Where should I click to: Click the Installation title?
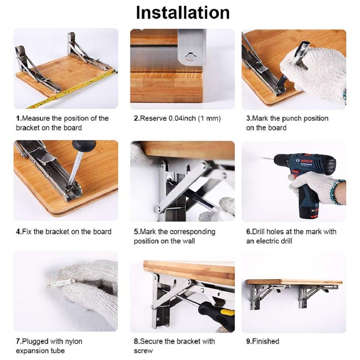[x=182, y=13]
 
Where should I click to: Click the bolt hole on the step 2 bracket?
[x=191, y=57]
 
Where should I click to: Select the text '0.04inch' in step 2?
[x=183, y=118]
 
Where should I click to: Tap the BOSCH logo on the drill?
[x=305, y=160]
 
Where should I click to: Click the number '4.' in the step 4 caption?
[x=19, y=232]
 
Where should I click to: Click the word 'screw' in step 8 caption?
[x=143, y=351]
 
